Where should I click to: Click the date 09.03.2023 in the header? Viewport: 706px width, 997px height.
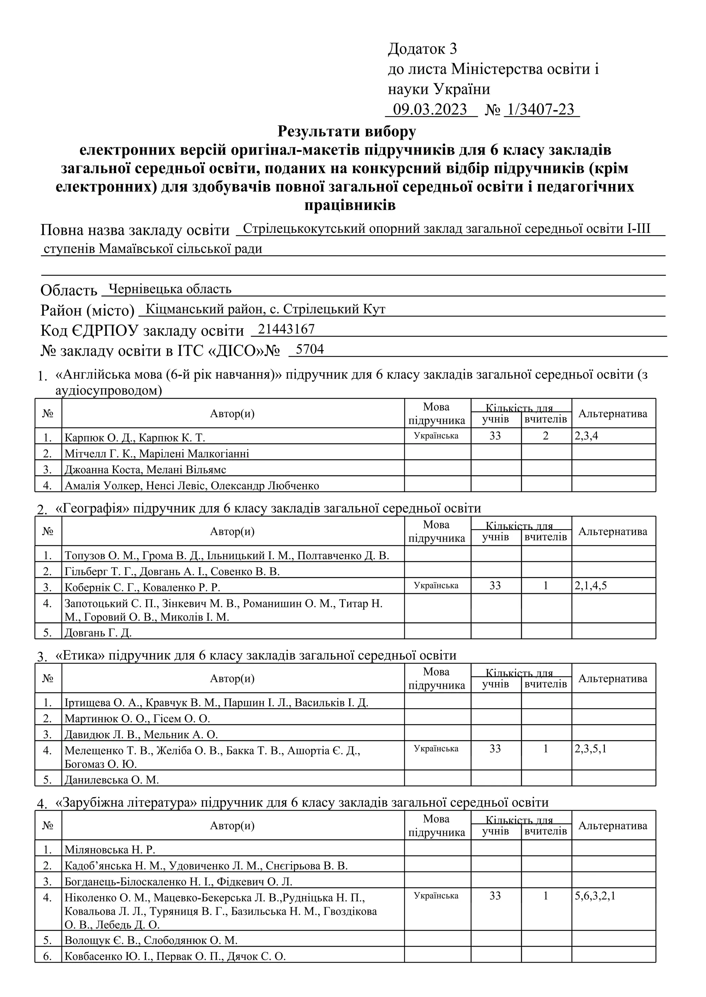(x=430, y=109)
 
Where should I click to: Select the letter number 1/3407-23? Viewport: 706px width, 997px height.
(x=541, y=109)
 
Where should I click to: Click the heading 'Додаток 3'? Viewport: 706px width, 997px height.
(x=422, y=49)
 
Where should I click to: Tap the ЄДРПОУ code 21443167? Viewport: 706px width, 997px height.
(x=286, y=329)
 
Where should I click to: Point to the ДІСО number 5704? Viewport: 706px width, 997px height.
(x=310, y=349)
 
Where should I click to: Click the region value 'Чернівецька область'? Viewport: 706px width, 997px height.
(x=170, y=289)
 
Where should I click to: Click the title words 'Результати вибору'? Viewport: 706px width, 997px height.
(x=346, y=131)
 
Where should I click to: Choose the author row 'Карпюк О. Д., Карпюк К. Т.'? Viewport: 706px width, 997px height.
(x=135, y=437)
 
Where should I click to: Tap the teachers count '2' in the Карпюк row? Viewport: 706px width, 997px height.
(x=546, y=435)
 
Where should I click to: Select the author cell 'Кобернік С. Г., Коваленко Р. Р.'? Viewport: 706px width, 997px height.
(x=142, y=587)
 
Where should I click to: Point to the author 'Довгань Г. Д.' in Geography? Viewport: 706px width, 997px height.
(x=98, y=633)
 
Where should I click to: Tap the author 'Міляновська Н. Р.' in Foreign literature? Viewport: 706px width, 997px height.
(x=110, y=850)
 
